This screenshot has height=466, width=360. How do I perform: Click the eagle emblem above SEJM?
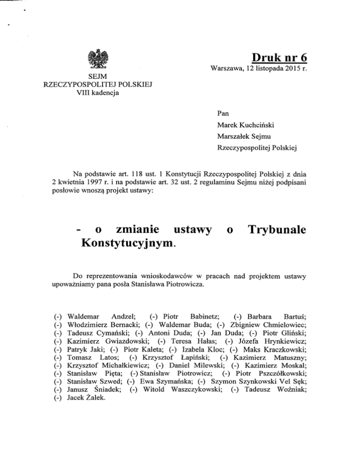(98, 59)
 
